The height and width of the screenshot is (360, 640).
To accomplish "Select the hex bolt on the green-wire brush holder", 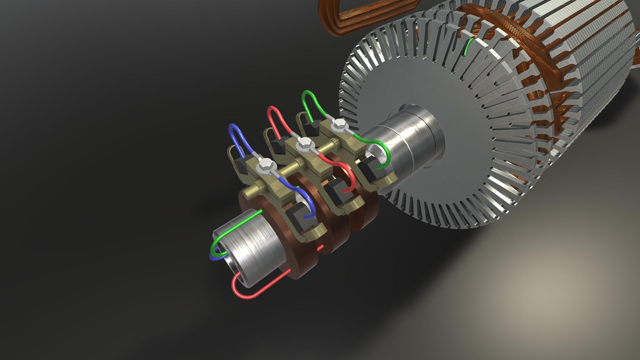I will pyautogui.click(x=339, y=124).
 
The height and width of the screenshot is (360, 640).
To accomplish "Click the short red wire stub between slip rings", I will pyautogui.click(x=321, y=248).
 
